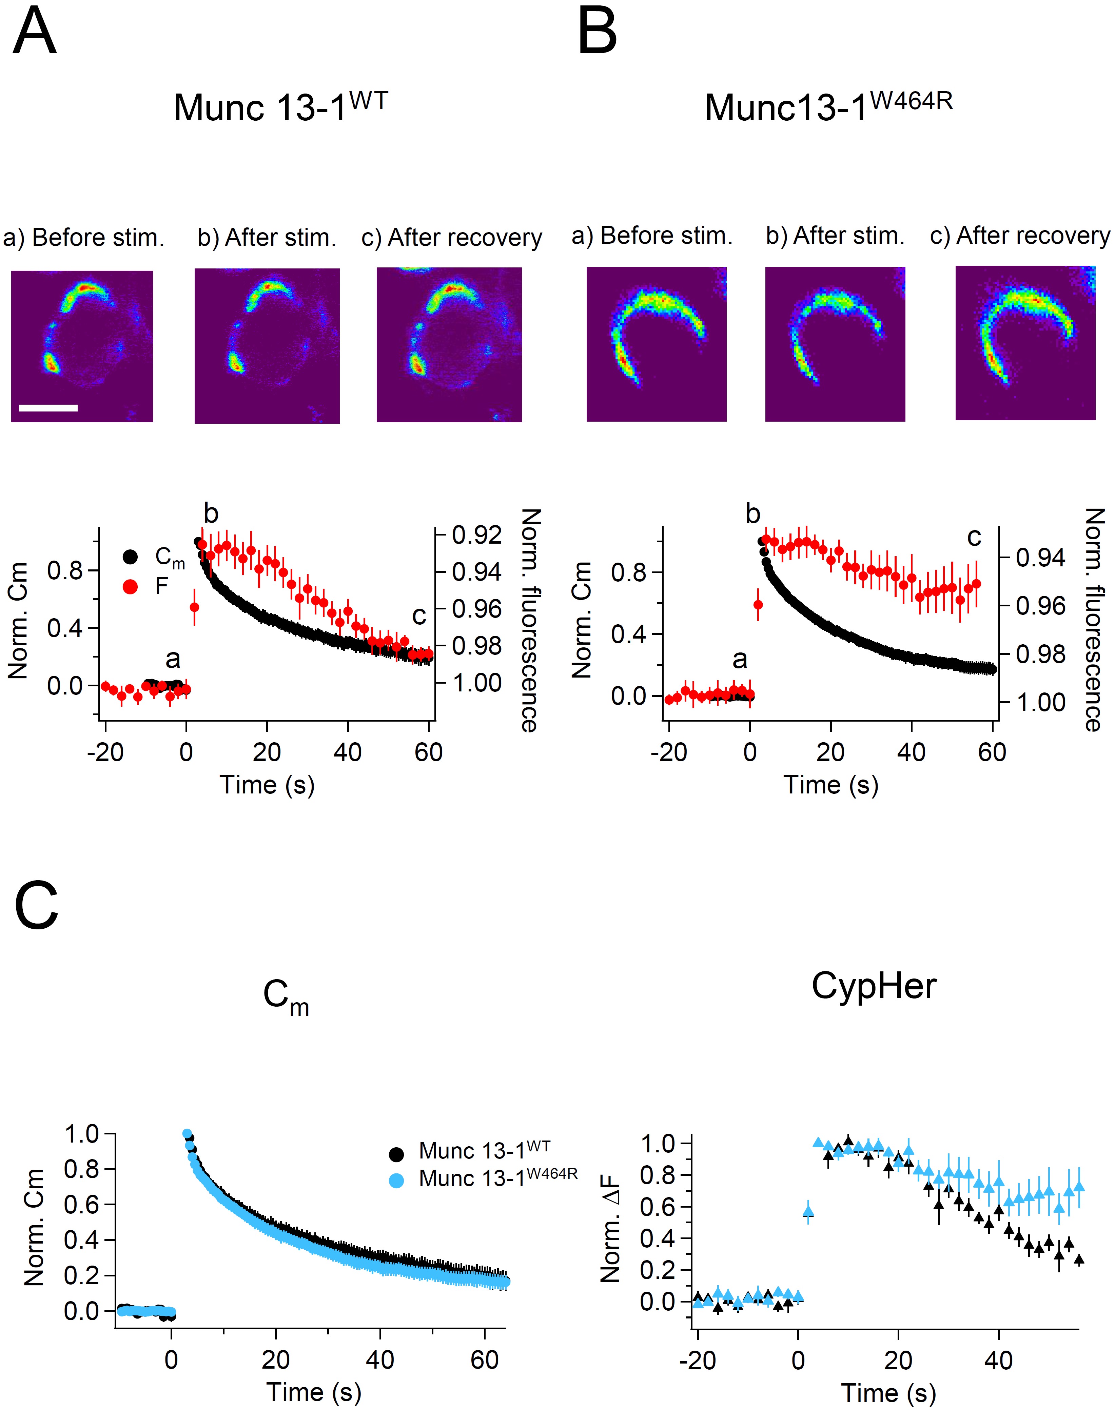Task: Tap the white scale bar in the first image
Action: pos(48,408)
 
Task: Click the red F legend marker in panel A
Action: pos(131,587)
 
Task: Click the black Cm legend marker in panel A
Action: pos(131,557)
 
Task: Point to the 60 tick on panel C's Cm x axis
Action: pos(484,1360)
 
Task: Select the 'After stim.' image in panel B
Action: pos(835,344)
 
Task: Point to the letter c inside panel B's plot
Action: pos(974,537)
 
